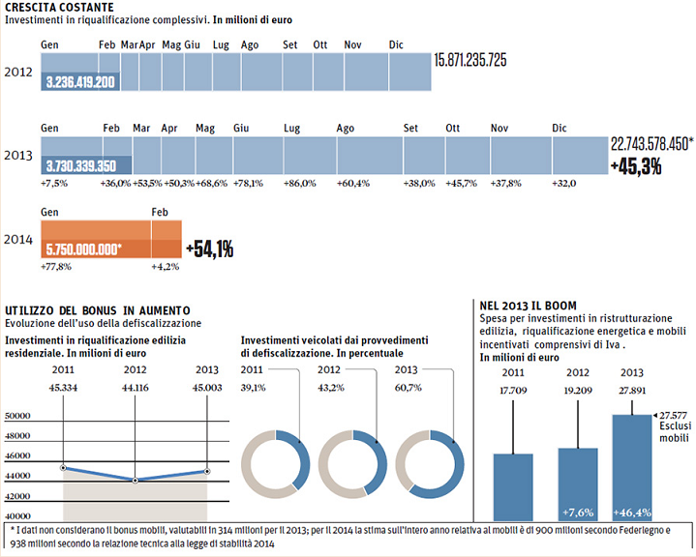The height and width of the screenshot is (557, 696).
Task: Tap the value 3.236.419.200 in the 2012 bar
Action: point(81,82)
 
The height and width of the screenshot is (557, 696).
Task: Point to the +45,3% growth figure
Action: point(636,166)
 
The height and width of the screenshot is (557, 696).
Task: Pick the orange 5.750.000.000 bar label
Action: point(84,249)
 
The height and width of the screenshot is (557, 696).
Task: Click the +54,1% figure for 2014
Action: point(208,249)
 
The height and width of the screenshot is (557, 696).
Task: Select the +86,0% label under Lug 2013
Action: point(297,183)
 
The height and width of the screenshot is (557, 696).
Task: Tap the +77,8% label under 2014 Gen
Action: point(54,267)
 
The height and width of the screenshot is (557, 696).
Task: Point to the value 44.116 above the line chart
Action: point(135,388)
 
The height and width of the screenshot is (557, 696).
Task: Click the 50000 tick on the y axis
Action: point(20,416)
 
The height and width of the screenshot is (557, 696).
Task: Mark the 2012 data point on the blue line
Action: point(135,480)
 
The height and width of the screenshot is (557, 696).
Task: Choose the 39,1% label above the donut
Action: point(255,387)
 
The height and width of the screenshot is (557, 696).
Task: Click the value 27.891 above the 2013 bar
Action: point(631,391)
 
